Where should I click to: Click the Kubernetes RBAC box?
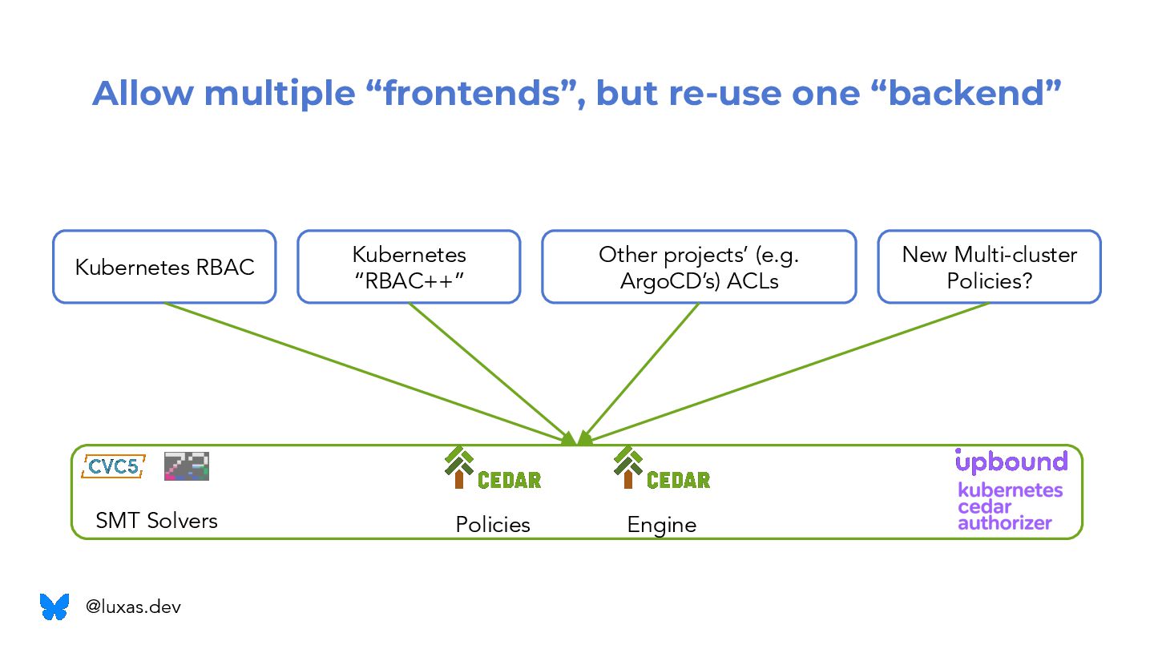tap(164, 267)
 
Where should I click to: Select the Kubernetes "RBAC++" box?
tap(409, 267)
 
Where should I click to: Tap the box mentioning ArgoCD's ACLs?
tap(699, 267)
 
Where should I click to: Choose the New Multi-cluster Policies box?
tap(989, 267)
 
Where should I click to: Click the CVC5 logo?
tap(113, 466)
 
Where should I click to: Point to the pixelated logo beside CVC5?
tap(187, 466)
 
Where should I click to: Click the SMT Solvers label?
tap(156, 521)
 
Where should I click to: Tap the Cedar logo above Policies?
tap(492, 470)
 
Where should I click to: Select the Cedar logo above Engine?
tap(661, 470)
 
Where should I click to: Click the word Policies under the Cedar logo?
tap(493, 525)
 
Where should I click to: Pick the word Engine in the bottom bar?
tap(661, 526)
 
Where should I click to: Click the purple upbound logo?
tap(1011, 462)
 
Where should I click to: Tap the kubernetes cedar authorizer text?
tap(1010, 506)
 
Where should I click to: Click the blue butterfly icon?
tap(54, 607)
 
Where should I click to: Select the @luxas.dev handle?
tap(133, 607)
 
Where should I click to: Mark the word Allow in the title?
tap(143, 93)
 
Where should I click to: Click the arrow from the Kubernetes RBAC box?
tap(361, 369)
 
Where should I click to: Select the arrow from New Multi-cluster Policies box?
tap(793, 369)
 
